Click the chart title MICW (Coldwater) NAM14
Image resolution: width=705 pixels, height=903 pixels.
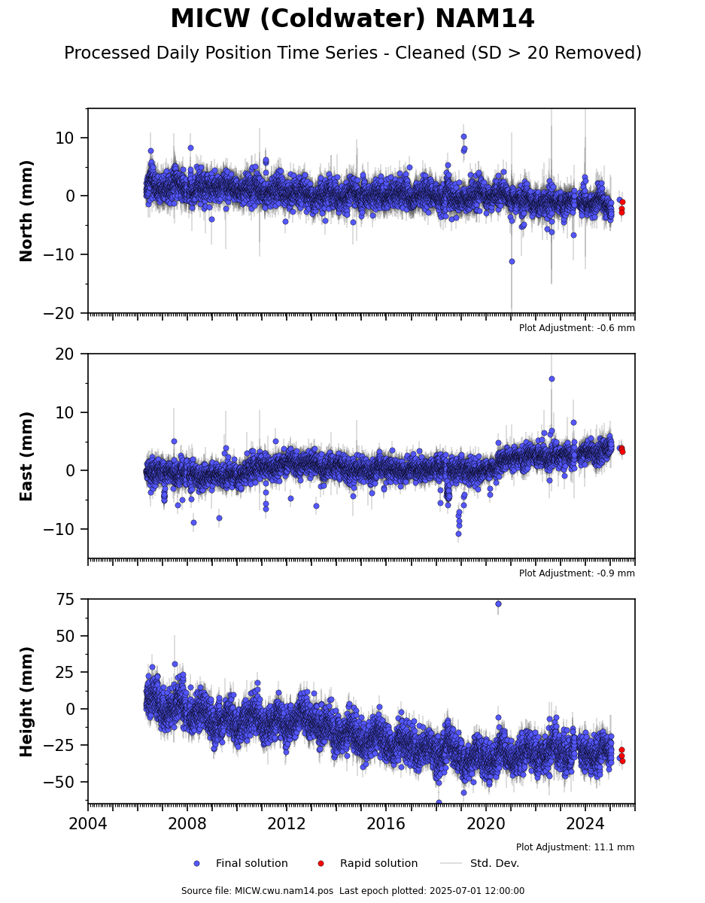tap(352, 19)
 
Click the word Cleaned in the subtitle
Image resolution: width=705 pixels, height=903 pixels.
tap(430, 53)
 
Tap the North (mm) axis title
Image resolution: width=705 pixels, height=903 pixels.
tap(26, 211)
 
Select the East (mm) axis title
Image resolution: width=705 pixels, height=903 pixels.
tap(26, 456)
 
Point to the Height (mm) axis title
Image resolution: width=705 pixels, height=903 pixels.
tap(26, 702)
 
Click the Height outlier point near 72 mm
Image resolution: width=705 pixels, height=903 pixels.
tap(498, 604)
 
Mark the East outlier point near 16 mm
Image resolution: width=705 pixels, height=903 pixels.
tap(552, 379)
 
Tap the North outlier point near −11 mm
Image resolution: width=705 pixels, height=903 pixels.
tap(512, 261)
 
